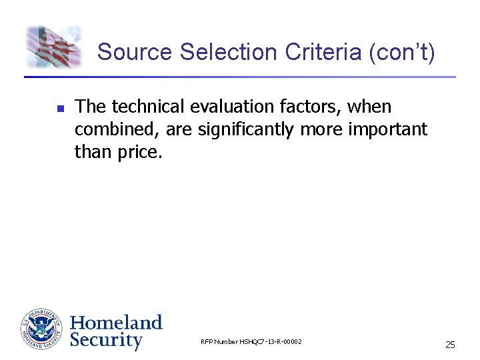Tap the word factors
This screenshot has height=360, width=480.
(320, 107)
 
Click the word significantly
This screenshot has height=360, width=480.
(247, 129)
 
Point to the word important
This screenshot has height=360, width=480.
(387, 129)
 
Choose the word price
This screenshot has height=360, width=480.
(139, 152)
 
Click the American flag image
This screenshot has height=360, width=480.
(54, 46)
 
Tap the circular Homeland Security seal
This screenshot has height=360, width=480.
(41, 329)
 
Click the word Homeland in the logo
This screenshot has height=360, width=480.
(116, 323)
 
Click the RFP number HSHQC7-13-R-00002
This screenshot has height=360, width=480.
(251, 342)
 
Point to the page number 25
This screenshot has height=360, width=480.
(450, 345)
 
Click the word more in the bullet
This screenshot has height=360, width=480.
(322, 129)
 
